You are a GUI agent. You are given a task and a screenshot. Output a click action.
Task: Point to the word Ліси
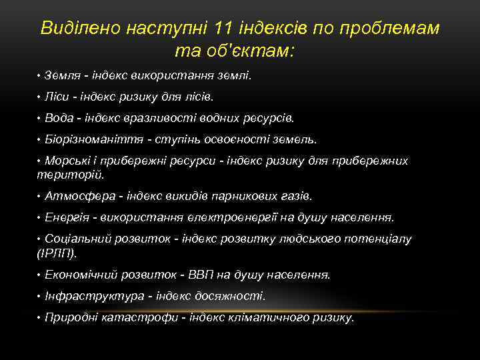tap(57, 97)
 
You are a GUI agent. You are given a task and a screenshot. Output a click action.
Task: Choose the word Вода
tap(58, 118)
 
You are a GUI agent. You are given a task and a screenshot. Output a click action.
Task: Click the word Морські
tap(65, 161)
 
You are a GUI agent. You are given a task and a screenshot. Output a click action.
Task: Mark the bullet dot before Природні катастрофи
tap(39, 317)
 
